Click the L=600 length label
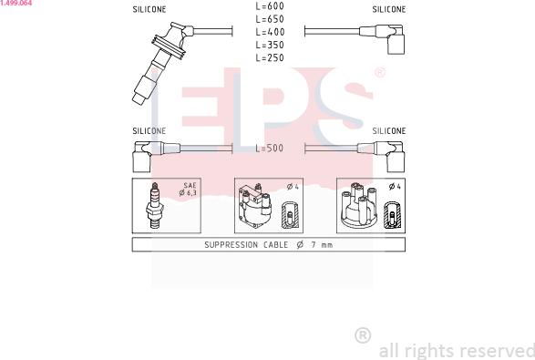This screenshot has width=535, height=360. click(270, 6)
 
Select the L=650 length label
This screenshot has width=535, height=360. click(270, 19)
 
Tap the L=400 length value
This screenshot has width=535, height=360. click(270, 32)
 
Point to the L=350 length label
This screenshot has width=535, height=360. click(270, 45)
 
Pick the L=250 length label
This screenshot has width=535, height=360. click(270, 57)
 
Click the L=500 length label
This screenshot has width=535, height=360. click(270, 148)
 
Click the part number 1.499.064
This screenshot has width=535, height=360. click(16, 3)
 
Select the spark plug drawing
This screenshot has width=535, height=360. click(155, 205)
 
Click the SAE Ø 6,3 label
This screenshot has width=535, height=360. click(188, 189)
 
